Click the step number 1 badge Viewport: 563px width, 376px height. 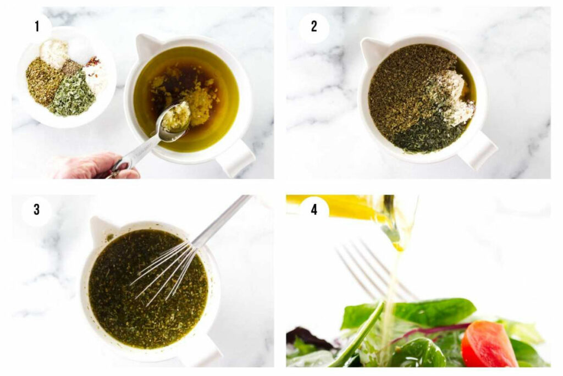point(37,26)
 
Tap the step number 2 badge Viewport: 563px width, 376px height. point(314,26)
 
